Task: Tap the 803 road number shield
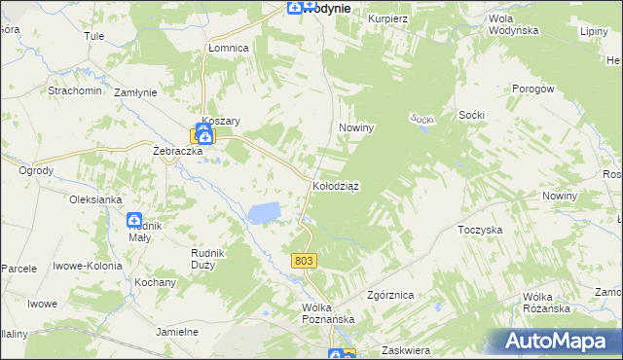click(x=304, y=260)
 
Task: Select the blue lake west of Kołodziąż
click(x=264, y=212)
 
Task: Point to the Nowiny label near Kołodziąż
click(x=356, y=127)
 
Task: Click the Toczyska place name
click(x=479, y=231)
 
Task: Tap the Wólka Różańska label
click(x=545, y=303)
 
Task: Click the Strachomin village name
click(x=75, y=90)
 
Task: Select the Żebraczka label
click(x=177, y=152)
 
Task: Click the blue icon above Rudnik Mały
click(x=134, y=221)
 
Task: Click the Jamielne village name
click(x=177, y=332)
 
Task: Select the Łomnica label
click(x=229, y=48)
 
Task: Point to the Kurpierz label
click(x=386, y=18)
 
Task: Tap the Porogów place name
click(x=532, y=89)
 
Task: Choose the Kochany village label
click(x=156, y=282)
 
